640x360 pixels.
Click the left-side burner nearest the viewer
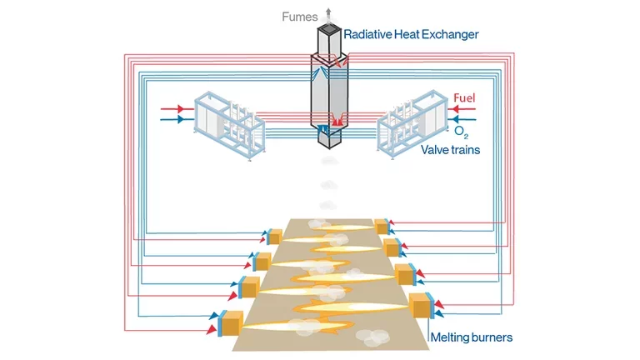point(229,322)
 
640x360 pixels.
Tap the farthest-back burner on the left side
point(275,237)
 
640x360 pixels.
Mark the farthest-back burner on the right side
point(382,226)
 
